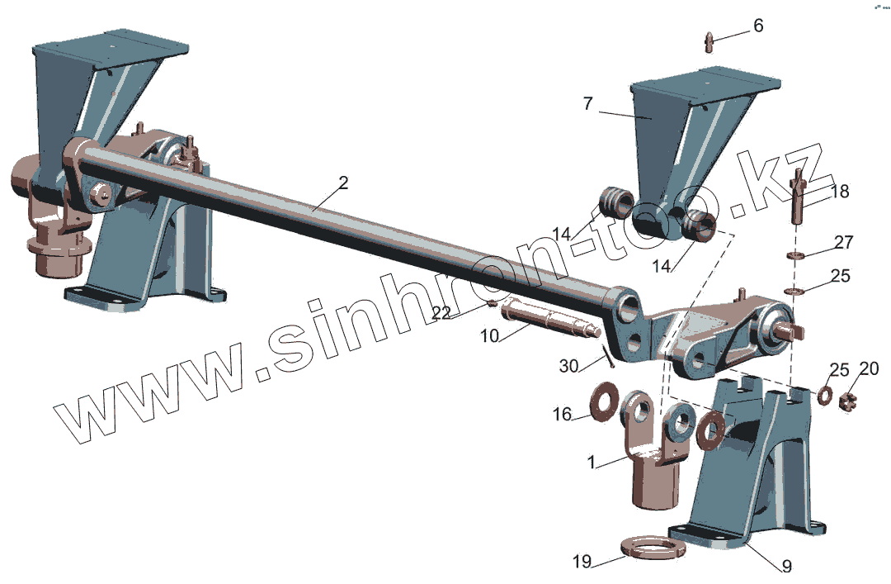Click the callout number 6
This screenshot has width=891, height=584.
tap(757, 26)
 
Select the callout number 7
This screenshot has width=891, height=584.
tap(587, 105)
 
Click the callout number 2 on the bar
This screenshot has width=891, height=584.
tap(343, 183)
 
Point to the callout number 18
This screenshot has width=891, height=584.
tap(839, 192)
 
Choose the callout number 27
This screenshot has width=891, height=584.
tap(843, 243)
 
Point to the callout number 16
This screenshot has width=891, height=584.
tap(562, 415)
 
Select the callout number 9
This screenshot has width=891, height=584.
tap(786, 567)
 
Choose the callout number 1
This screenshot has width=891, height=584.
tap(591, 463)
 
